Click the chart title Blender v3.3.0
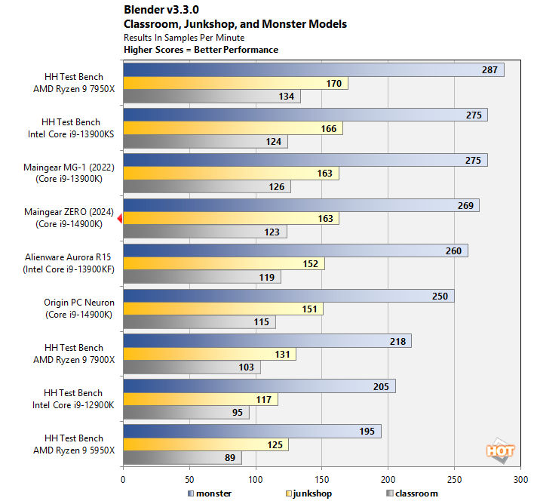pos(165,11)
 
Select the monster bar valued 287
pos(312,70)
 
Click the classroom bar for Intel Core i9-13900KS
pos(204,142)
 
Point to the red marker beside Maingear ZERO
pos(119,219)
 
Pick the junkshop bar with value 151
pos(222,309)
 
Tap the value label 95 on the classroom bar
pos(238,413)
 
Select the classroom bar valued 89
pos(182,457)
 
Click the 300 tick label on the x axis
pos(520,478)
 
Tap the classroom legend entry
pos(411,493)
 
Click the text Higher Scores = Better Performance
pos(201,50)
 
